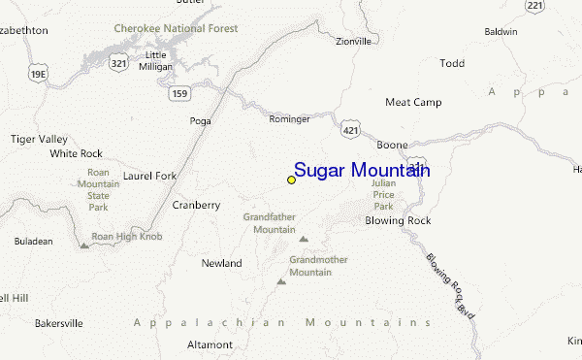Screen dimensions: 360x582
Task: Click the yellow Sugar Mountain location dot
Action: [x=291, y=180]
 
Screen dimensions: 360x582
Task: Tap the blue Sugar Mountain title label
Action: [x=362, y=171]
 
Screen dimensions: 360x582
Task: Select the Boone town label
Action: [x=392, y=144]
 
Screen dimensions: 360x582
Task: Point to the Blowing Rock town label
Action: [x=398, y=220]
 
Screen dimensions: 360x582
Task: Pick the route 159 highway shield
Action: [x=178, y=92]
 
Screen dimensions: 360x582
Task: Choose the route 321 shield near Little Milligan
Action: [x=118, y=63]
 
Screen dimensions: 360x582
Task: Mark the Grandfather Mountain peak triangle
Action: [x=304, y=238]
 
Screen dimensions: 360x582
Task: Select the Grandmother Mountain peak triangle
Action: [x=281, y=281]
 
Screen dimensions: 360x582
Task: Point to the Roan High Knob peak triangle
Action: [x=84, y=245]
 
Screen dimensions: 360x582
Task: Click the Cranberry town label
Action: [x=196, y=205]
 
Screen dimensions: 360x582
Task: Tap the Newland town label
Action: [x=221, y=263]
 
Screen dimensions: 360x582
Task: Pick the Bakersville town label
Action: [x=58, y=322]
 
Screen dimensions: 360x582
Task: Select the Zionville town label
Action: [x=353, y=42]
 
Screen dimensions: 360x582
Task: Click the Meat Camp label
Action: [x=413, y=102]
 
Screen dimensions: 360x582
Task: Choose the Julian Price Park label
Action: [x=384, y=194]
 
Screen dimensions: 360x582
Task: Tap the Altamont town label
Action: [x=210, y=344]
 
